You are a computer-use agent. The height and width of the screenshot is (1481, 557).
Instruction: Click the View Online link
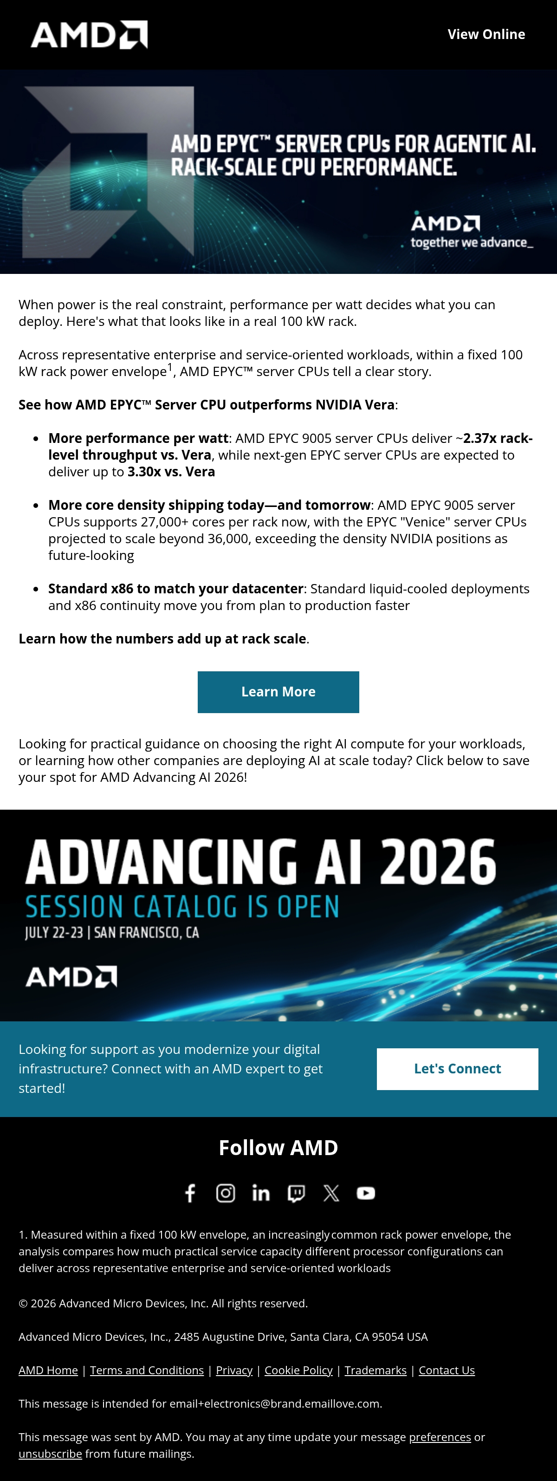[x=486, y=34]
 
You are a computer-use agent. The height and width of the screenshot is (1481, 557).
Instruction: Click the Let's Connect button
[x=458, y=1069]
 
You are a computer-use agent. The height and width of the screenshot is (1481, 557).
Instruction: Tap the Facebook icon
[x=190, y=1193]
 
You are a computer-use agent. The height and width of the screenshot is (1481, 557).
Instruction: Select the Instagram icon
[x=225, y=1193]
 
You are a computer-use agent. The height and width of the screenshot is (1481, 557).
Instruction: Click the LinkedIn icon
[x=261, y=1193]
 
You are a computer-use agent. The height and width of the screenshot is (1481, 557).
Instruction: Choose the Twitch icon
[x=296, y=1194]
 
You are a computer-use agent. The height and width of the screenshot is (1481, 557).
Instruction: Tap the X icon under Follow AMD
[x=331, y=1193]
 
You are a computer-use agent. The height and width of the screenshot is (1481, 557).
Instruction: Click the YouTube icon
[x=366, y=1193]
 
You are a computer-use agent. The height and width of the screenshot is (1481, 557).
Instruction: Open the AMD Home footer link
[x=48, y=1370]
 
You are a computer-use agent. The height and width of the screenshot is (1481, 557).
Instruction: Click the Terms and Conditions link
[x=147, y=1370]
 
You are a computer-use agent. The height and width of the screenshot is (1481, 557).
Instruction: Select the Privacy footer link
[x=234, y=1370]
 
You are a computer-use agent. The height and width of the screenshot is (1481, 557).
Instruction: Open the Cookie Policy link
[x=299, y=1370]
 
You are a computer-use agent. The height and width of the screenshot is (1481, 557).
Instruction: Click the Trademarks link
[x=376, y=1370]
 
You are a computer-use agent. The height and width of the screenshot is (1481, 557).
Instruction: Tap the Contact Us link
[x=447, y=1370]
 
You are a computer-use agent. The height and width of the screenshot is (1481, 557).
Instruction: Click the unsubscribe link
[x=50, y=1454]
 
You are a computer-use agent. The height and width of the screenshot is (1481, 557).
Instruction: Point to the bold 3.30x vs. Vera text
[x=171, y=471]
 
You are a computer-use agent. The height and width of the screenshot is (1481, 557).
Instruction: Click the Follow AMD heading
[x=278, y=1148]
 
